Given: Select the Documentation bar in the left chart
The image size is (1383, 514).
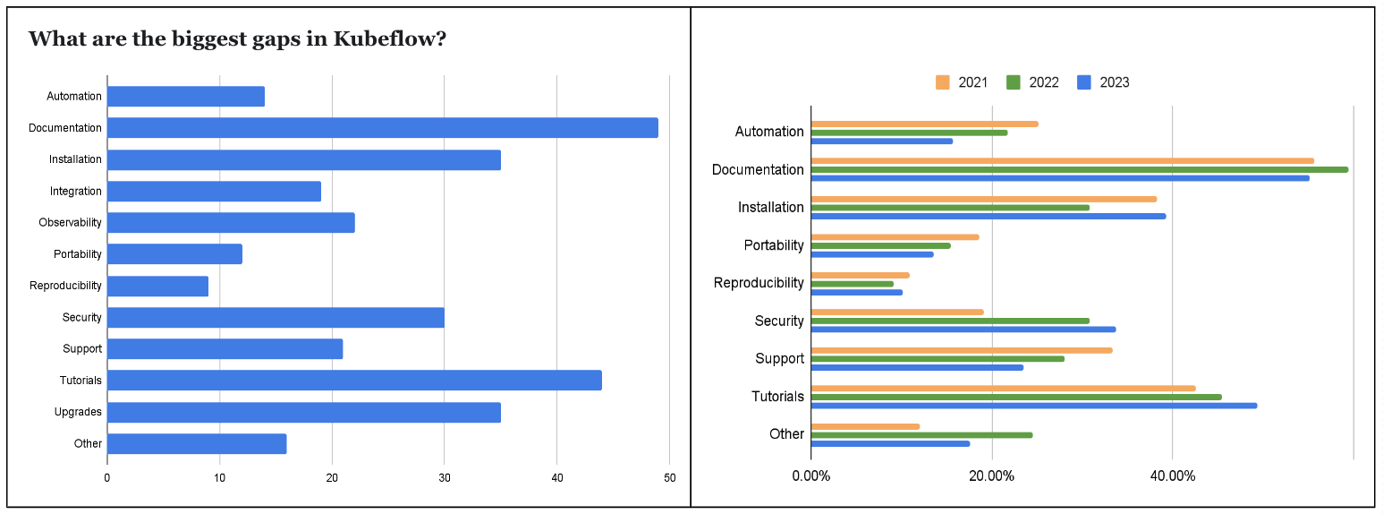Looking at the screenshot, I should [x=382, y=128].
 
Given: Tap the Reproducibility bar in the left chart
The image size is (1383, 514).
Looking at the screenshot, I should [x=157, y=287].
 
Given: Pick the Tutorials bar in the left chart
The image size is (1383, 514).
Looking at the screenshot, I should [x=354, y=381].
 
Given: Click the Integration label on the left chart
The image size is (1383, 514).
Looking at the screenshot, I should [x=75, y=192].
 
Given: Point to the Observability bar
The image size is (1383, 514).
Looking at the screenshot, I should [x=231, y=223].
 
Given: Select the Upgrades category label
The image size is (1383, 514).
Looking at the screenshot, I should [x=80, y=412].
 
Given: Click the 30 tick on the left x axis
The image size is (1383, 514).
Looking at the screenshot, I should [x=444, y=478].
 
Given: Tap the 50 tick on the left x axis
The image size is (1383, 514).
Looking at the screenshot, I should [x=668, y=478].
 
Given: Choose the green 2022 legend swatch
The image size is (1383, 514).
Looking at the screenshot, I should [x=1014, y=82].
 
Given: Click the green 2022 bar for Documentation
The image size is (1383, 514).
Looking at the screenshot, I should [x=1079, y=169].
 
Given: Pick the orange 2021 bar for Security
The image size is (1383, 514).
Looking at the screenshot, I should [x=896, y=312].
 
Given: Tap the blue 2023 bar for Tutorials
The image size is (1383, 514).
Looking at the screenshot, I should [x=1033, y=406].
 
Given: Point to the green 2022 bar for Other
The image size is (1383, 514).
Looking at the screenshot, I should [x=921, y=435].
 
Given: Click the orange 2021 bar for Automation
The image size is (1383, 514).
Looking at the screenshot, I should [x=924, y=124].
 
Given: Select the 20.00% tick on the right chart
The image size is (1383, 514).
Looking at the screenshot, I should [x=991, y=475].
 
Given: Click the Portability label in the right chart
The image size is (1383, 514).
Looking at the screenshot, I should [x=773, y=245].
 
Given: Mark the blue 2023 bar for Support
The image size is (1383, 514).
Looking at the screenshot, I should [x=917, y=367].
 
